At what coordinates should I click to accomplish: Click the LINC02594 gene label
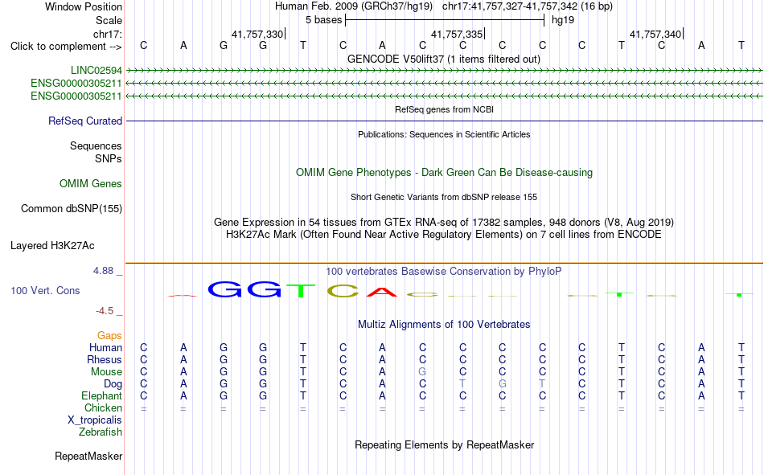[97, 70]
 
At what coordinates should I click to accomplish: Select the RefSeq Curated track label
[85, 121]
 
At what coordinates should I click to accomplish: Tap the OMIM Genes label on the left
[91, 184]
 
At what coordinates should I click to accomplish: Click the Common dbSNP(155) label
[72, 208]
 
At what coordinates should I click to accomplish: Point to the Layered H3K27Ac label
[52, 246]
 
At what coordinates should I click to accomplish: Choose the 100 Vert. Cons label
[45, 290]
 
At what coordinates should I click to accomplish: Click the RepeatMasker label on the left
[88, 456]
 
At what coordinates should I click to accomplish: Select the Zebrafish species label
[101, 432]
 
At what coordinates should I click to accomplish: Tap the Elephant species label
[102, 395]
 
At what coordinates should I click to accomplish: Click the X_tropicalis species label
[95, 420]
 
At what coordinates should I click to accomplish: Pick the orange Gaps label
[109, 335]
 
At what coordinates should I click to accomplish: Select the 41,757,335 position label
[457, 34]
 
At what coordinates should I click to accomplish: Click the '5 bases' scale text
[324, 20]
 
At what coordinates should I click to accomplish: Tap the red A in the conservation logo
[382, 292]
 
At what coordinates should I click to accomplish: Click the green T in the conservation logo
[301, 290]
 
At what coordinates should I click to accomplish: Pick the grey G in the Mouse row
[422, 371]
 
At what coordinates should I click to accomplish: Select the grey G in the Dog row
[503, 384]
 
